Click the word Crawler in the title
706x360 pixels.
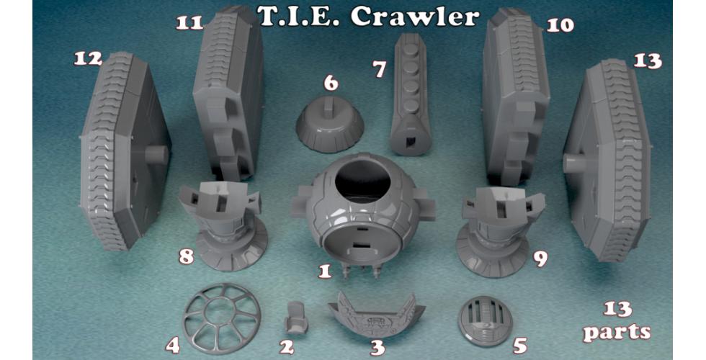pos(414,17)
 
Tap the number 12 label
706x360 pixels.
pos(88,58)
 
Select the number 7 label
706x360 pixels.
pos(380,69)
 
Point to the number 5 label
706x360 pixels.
pos(520,346)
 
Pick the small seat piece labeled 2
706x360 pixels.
pos(297,318)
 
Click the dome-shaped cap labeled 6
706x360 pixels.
pos(330,130)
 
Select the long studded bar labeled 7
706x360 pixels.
pos(410,94)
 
